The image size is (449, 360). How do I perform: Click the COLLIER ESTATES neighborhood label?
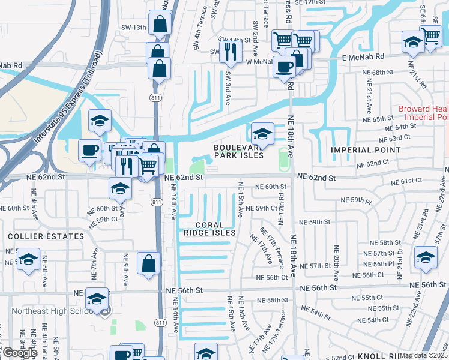(x=46, y=236)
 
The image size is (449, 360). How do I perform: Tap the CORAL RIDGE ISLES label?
(x=208, y=228)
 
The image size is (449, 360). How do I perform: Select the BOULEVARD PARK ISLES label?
(x=240, y=151)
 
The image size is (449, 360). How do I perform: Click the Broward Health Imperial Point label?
(x=423, y=113)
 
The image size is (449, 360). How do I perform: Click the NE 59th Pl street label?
(x=357, y=200)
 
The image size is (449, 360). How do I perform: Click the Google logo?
(x=20, y=353)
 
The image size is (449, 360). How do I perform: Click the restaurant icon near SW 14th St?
(x=230, y=52)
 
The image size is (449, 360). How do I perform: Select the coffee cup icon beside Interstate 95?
(x=89, y=149)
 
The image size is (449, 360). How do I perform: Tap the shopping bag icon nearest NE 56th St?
(x=149, y=263)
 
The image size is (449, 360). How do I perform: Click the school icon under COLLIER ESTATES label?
(x=28, y=260)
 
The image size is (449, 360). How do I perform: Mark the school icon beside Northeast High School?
(x=97, y=299)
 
